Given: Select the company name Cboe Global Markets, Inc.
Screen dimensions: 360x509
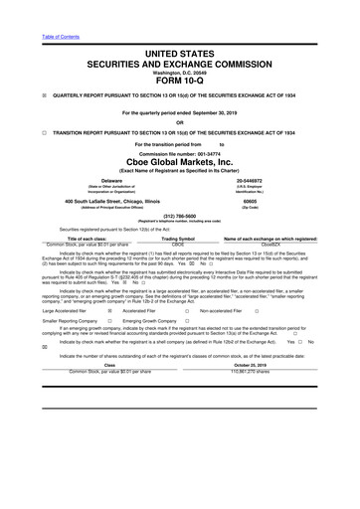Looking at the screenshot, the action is tap(179, 162).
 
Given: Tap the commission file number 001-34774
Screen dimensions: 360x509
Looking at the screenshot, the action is tap(216, 151).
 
